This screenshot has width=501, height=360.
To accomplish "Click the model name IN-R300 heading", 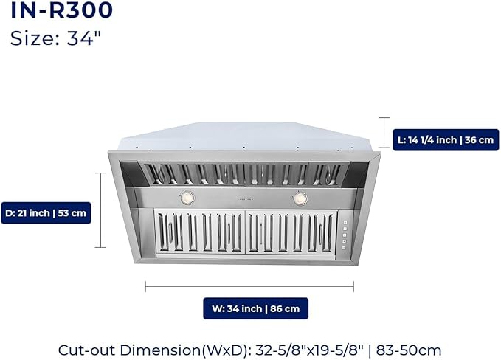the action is (62, 10).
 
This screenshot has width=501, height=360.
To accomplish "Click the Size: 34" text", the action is (55, 38).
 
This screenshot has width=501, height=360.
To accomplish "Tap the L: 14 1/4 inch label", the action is (446, 140).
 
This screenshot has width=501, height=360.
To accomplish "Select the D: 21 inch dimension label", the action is (46, 213).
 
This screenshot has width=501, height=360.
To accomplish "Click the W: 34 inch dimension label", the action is (255, 308).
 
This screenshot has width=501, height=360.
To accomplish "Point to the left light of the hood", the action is (187, 198).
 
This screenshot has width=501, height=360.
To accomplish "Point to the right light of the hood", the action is (300, 198).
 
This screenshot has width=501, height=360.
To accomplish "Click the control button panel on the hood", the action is (345, 235).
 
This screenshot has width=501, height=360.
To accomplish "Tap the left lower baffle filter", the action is (200, 232).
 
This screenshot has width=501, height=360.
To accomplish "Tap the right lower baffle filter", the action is (291, 232).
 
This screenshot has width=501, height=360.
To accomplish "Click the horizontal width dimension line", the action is (249, 286).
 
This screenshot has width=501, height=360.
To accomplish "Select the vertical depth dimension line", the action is (100, 210).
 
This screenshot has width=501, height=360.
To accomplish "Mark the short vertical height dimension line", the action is (384, 133).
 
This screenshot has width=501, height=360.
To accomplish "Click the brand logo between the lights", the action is (245, 199).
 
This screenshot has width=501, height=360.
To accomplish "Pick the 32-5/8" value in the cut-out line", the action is (280, 350).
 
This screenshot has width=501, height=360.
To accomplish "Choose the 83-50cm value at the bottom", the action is (409, 350).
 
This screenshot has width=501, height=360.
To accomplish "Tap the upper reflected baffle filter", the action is (246, 174).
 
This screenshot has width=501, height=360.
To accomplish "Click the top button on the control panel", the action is (345, 223).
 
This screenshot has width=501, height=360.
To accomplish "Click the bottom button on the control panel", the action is (344, 248).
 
